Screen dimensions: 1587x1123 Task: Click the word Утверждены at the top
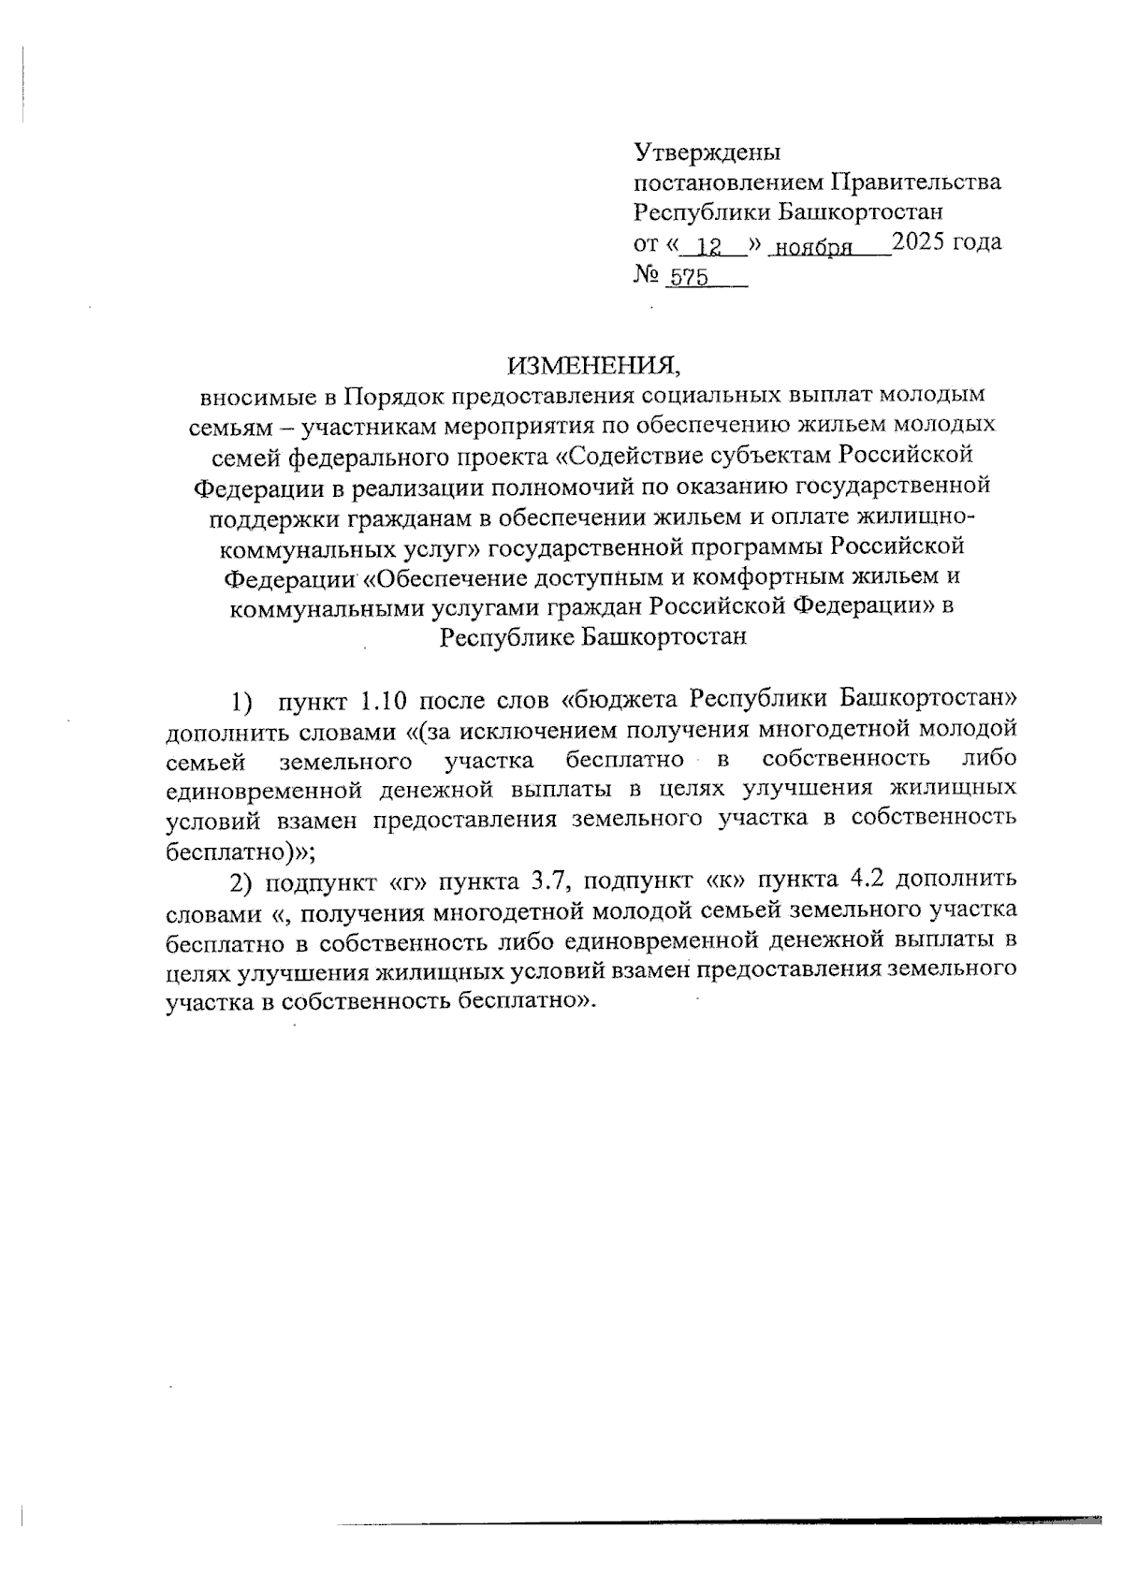coord(707,152)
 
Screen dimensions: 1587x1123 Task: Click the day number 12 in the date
coord(711,247)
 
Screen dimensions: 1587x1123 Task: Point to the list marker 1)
coord(242,700)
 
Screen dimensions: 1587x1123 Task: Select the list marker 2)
coord(242,881)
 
